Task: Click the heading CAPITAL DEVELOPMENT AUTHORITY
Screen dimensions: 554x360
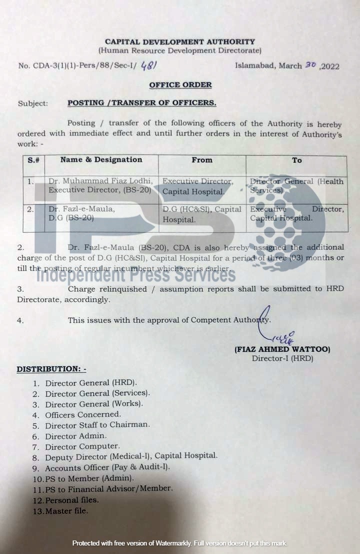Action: click(x=179, y=42)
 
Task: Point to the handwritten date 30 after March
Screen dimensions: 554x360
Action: click(x=310, y=65)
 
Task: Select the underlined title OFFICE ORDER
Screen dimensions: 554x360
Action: click(x=180, y=85)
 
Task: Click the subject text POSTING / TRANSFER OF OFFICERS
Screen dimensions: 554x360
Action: click(x=142, y=103)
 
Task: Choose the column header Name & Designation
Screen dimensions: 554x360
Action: click(x=101, y=160)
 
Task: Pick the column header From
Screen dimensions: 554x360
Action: click(x=202, y=160)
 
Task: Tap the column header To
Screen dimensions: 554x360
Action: click(x=296, y=160)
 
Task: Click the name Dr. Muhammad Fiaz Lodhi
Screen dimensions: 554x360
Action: click(x=100, y=181)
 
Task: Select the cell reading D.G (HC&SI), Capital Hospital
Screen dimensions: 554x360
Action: click(x=202, y=214)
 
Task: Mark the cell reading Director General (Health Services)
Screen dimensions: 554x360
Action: click(x=296, y=185)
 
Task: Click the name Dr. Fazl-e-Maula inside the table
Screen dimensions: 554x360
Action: click(x=81, y=209)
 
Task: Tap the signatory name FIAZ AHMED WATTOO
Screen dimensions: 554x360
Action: click(x=282, y=349)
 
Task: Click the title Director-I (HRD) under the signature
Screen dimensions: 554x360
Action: click(x=282, y=358)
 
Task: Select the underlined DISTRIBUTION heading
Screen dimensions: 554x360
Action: click(x=51, y=369)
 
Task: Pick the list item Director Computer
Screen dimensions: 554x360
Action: click(x=82, y=446)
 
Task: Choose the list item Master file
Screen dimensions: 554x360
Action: click(x=66, y=511)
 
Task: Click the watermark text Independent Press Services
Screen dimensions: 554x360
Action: click(x=135, y=274)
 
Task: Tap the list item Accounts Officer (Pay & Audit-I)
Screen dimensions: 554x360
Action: click(x=107, y=467)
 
